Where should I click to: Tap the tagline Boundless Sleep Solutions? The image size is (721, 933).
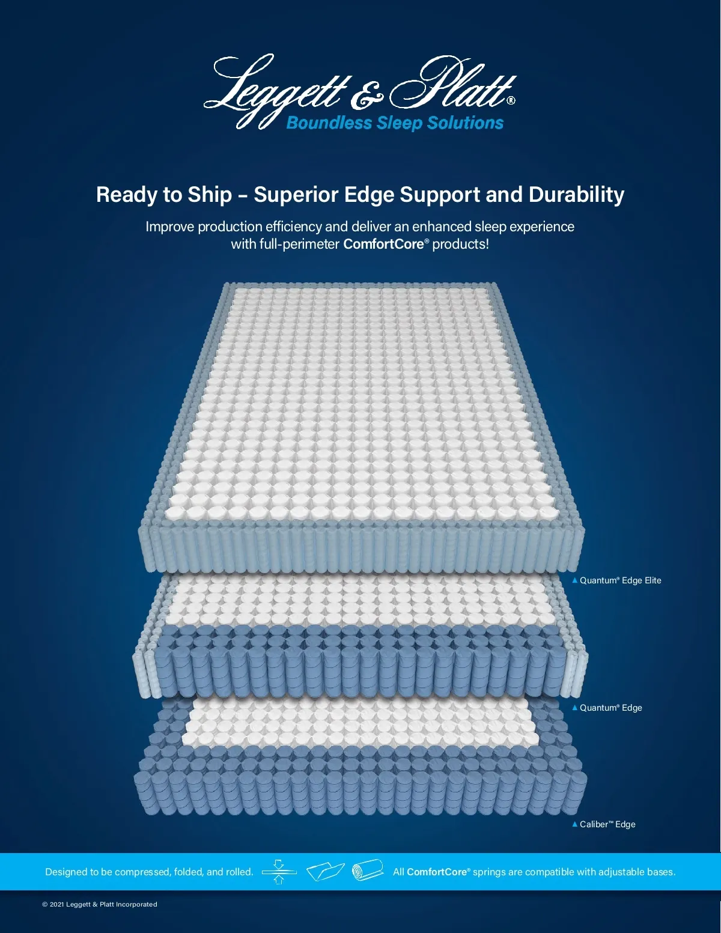[395, 123]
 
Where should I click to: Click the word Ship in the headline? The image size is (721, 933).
[210, 195]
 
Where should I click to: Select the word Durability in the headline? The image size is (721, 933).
[576, 195]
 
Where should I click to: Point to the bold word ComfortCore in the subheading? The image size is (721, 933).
[383, 244]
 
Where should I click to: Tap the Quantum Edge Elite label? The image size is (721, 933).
[620, 580]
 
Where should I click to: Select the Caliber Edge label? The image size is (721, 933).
[607, 824]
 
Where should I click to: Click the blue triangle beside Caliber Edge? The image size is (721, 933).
[574, 824]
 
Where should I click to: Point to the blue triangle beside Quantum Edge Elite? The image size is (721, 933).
[574, 580]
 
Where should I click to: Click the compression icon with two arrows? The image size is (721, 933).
[279, 872]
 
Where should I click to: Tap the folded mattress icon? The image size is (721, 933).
[325, 872]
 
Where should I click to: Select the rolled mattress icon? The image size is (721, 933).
[368, 871]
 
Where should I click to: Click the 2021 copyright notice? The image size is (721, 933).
[100, 904]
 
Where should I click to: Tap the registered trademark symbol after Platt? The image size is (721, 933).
[511, 100]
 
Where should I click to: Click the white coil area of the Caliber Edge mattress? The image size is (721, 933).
[360, 723]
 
